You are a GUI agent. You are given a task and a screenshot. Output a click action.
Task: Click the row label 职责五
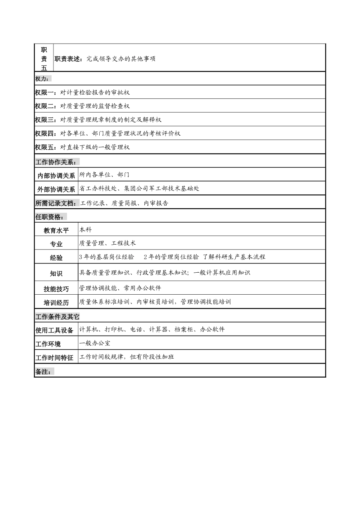tap(44, 59)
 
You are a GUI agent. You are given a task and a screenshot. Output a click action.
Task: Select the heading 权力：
tap(42, 79)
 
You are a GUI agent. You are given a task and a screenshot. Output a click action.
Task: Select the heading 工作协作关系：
tap(57, 162)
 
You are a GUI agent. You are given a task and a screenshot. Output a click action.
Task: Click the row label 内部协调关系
tap(56, 176)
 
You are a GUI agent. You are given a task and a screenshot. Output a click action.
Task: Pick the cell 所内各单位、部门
tap(104, 175)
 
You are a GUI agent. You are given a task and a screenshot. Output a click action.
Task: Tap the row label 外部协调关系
tap(56, 189)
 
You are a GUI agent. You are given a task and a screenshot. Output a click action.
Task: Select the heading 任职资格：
tap(51, 217)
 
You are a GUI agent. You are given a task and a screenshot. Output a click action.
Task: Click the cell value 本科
tap(86, 230)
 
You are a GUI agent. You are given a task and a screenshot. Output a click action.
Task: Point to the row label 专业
tap(56, 244)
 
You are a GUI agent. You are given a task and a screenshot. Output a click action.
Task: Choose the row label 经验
tap(56, 258)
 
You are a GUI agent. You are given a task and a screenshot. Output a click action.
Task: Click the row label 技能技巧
tap(56, 289)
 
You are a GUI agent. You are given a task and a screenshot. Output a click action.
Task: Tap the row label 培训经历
tap(56, 303)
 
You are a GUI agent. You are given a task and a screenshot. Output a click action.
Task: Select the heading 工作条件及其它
tap(57, 317)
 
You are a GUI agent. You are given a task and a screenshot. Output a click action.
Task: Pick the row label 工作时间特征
tap(54, 358)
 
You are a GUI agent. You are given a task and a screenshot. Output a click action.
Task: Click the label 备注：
tap(44, 372)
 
